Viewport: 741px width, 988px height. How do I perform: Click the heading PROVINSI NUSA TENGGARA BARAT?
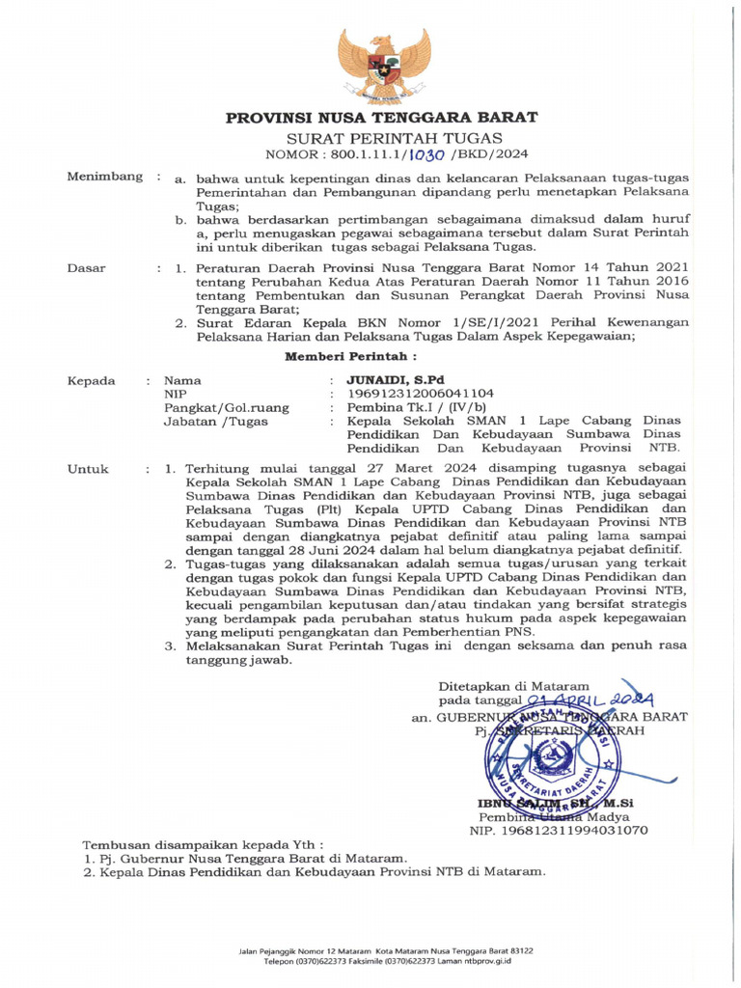coord(381,118)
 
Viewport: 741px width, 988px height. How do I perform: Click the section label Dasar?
coord(86,267)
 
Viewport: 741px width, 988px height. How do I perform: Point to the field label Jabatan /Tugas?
coord(212,422)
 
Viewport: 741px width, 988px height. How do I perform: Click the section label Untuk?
coord(88,470)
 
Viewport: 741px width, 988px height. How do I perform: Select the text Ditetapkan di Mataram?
coord(513,684)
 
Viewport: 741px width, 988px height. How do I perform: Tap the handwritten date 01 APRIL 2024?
coord(590,699)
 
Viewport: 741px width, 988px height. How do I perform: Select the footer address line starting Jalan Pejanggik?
coord(375,950)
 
